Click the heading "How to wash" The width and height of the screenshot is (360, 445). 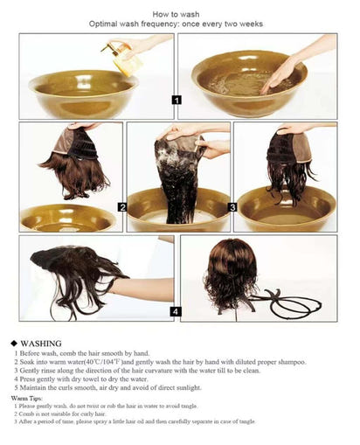pos(179,15)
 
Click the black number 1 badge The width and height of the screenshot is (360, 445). pos(176,101)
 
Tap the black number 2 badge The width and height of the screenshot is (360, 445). pos(122,207)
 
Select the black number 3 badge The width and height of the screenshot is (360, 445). pos(232,207)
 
